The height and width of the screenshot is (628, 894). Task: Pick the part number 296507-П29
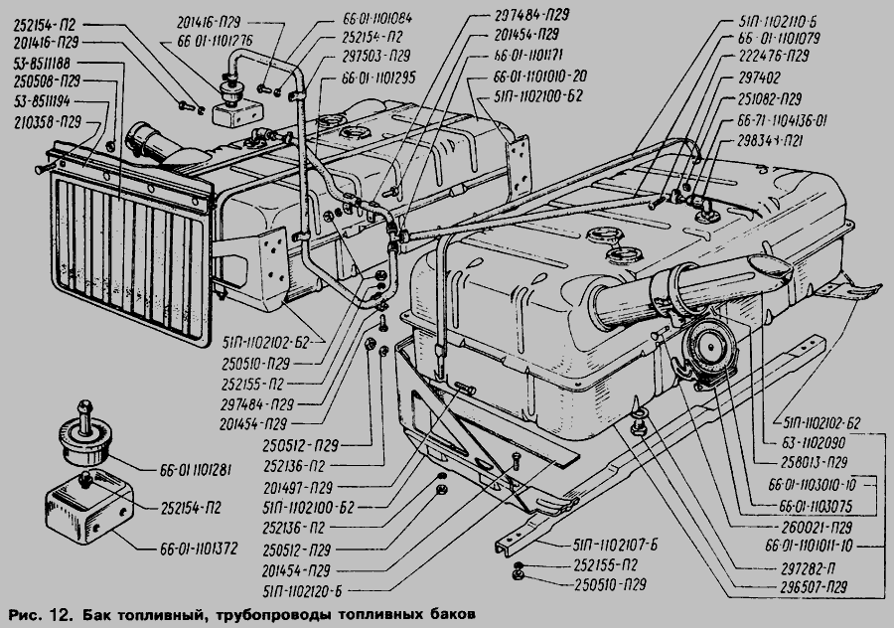coord(808,586)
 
